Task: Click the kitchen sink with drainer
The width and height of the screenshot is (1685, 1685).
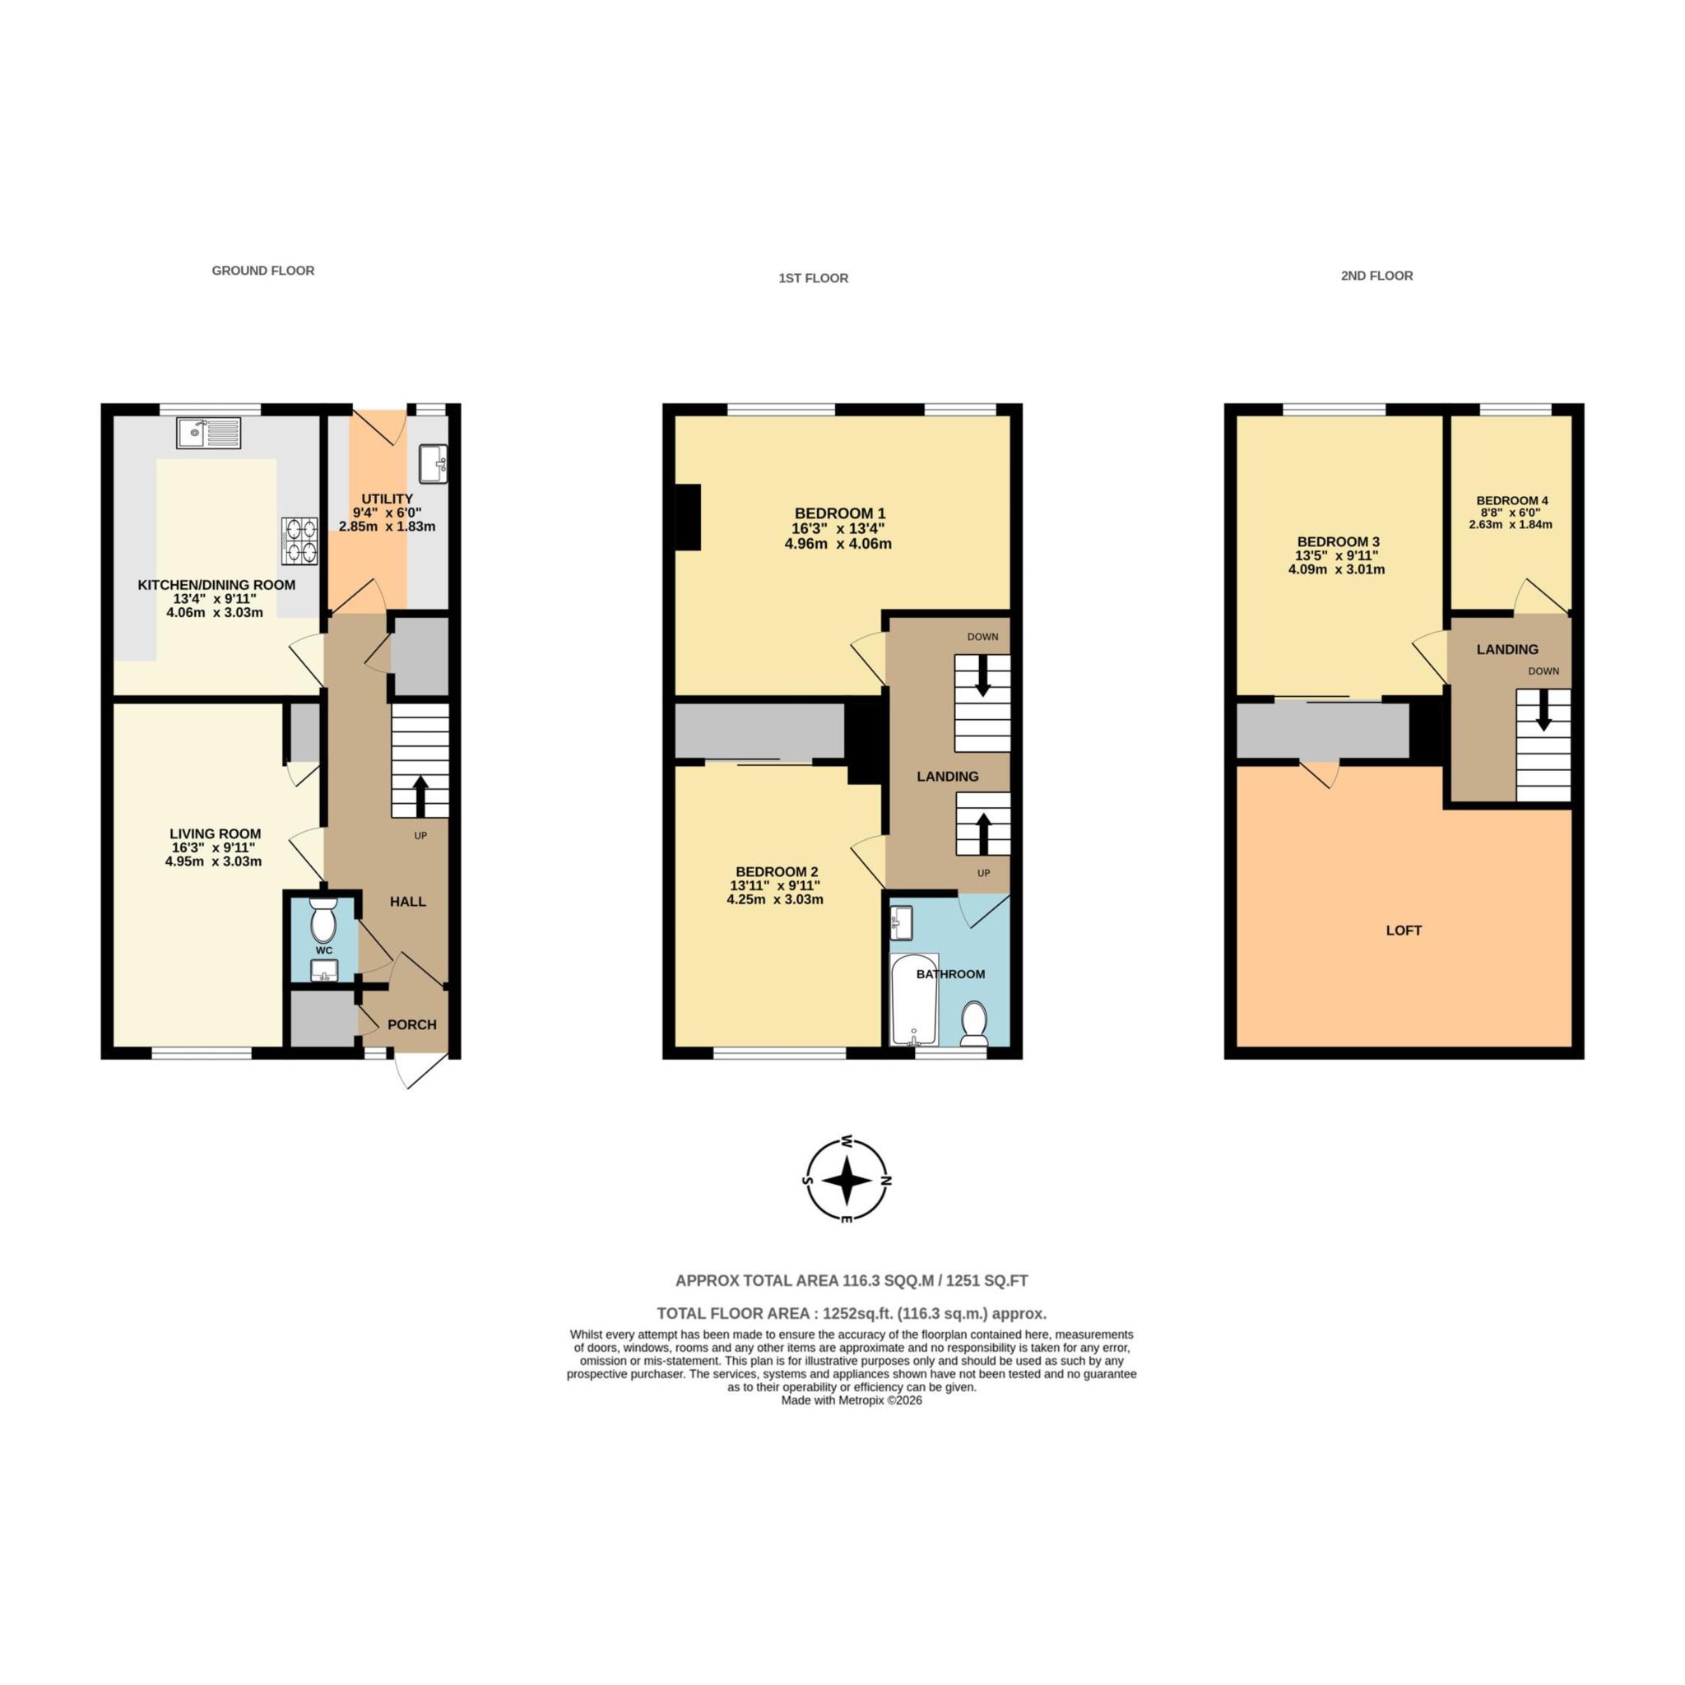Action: [208, 433]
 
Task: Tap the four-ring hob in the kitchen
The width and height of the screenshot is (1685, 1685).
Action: [300, 541]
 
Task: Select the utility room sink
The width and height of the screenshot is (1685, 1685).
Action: [433, 463]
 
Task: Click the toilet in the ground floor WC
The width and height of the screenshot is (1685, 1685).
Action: [323, 920]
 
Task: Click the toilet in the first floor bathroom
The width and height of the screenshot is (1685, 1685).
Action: [973, 1022]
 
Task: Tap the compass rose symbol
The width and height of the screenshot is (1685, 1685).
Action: [846, 1181]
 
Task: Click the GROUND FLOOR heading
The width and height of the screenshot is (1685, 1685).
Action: [262, 271]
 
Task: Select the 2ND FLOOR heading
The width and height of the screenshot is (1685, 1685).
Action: [1376, 276]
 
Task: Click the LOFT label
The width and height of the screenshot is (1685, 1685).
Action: [1404, 931]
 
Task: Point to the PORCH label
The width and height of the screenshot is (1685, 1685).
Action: [411, 1025]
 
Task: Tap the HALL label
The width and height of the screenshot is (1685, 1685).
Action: [407, 901]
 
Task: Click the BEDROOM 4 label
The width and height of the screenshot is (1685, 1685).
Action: [1512, 500]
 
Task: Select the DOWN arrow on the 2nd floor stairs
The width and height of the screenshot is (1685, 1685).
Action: [1543, 713]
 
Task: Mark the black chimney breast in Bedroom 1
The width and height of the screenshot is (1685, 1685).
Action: [688, 518]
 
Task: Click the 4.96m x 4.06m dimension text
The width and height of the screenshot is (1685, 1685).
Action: [838, 544]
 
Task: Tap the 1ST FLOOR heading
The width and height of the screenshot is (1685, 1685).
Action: [813, 278]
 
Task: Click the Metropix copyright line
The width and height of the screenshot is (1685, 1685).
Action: [852, 1400]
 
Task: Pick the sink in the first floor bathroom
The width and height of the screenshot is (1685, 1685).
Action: [901, 921]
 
